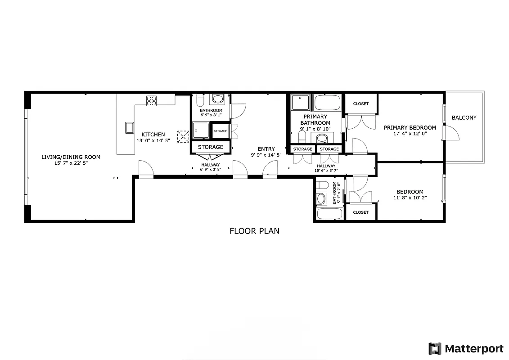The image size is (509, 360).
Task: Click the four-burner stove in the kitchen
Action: [152, 101]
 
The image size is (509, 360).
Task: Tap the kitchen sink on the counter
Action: [130, 128]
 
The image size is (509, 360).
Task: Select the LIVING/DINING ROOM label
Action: [71, 157]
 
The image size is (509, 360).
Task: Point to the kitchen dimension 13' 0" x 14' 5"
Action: [153, 140]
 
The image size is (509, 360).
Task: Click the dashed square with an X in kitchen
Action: [183, 136]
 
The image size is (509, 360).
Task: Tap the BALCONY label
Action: [464, 118]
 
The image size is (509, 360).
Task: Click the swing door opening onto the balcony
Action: [451, 132]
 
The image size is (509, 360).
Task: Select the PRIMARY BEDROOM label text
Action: [410, 127]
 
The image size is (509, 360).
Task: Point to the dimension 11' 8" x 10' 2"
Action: [410, 198]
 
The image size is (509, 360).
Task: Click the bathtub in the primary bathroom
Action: [328, 103]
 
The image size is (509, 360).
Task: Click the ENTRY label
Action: [266, 149]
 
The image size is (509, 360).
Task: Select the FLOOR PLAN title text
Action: [254, 231]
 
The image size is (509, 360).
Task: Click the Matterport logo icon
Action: [435, 348]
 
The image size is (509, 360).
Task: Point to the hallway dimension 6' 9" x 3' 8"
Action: [211, 170]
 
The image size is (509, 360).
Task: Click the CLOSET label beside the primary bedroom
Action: [360, 103]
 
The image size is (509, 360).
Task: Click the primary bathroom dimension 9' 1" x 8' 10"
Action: [315, 129]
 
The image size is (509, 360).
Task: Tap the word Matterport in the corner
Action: [474, 349]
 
